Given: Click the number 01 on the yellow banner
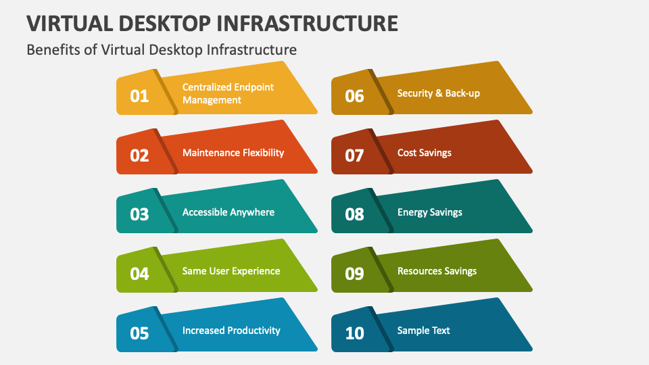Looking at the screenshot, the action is pyautogui.click(x=139, y=96).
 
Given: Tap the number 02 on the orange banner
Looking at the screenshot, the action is pyautogui.click(x=139, y=155).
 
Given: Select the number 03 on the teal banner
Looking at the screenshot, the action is pyautogui.click(x=139, y=214).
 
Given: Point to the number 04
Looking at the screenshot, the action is pyautogui.click(x=139, y=274).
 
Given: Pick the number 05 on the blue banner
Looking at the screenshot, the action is pyautogui.click(x=139, y=333).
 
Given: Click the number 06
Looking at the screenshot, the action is pyautogui.click(x=354, y=96).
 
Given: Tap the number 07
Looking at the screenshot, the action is pyautogui.click(x=354, y=155).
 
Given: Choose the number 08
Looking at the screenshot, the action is pyautogui.click(x=354, y=214).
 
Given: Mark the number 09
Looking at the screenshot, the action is pyautogui.click(x=354, y=274).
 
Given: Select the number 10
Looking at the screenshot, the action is pyautogui.click(x=354, y=333).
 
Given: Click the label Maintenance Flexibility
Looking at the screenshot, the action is pyautogui.click(x=233, y=153).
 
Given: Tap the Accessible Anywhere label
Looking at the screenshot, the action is pyautogui.click(x=229, y=212).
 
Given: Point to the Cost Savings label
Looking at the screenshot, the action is pyautogui.click(x=425, y=153).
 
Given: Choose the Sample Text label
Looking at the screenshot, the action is pyautogui.click(x=423, y=331).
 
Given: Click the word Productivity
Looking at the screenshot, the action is pyautogui.click(x=254, y=331).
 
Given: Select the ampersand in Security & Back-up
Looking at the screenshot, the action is pyautogui.click(x=439, y=93).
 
